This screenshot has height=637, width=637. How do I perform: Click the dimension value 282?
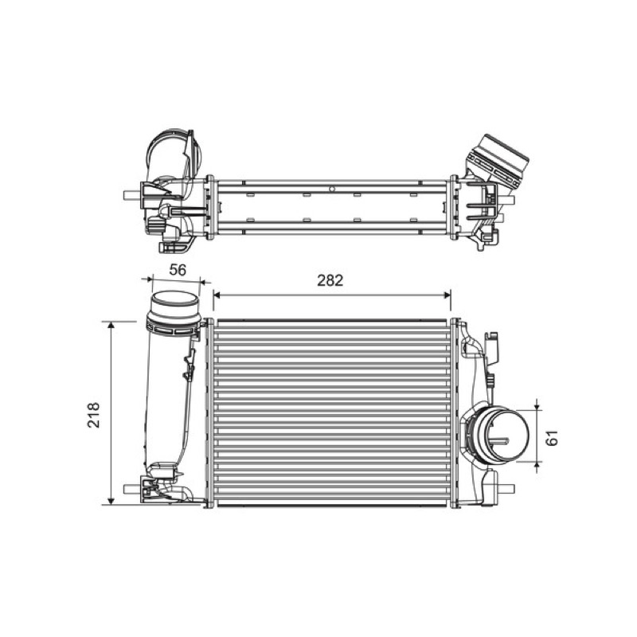[x=330, y=280]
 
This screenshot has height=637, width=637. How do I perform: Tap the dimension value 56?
[x=178, y=270]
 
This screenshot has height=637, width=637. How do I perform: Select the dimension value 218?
[x=94, y=415]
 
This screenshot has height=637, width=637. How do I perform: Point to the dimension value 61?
[x=553, y=437]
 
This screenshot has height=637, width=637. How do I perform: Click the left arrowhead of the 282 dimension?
[x=217, y=295]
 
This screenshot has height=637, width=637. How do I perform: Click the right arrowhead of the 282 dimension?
[x=447, y=295]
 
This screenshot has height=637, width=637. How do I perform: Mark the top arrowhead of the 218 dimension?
[x=111, y=325]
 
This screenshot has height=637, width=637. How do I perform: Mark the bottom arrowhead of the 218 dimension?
[x=111, y=502]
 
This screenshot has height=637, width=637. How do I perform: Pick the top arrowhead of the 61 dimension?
[x=537, y=406]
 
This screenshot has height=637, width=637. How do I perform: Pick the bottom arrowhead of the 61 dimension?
[x=537, y=465]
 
